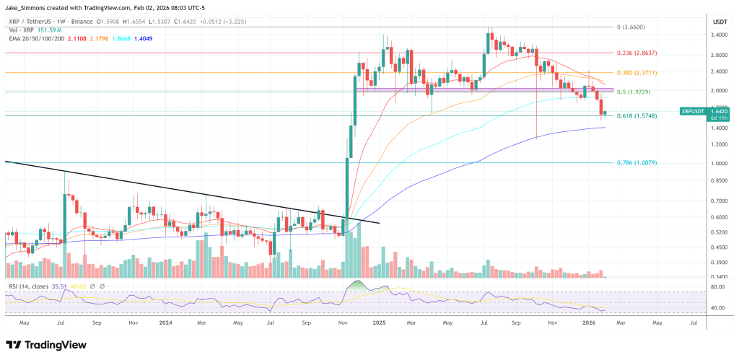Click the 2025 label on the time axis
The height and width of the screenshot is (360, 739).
(381, 324)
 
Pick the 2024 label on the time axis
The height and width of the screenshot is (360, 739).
(165, 324)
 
